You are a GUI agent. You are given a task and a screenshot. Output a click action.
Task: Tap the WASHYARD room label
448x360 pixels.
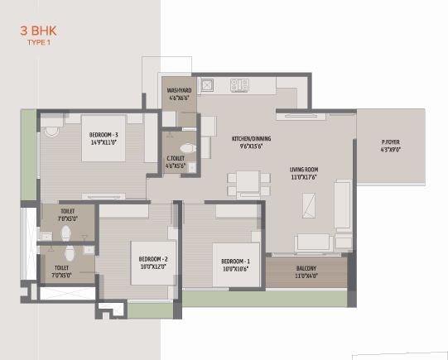[x=180, y=89]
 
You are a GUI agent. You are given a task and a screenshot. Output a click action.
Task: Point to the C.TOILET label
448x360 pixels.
[x=175, y=157]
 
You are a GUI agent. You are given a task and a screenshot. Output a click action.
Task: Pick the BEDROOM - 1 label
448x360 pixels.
[x=235, y=262]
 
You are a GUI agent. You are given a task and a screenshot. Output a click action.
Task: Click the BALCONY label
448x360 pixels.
[x=306, y=268]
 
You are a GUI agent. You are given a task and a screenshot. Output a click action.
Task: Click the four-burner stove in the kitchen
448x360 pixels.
[x=240, y=84]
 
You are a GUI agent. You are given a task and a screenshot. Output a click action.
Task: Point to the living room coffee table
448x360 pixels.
[x=309, y=204]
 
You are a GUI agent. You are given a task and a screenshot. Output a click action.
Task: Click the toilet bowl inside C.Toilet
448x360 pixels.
[x=188, y=149]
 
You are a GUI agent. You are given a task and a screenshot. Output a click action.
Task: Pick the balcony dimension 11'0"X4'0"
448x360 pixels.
[x=306, y=276]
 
